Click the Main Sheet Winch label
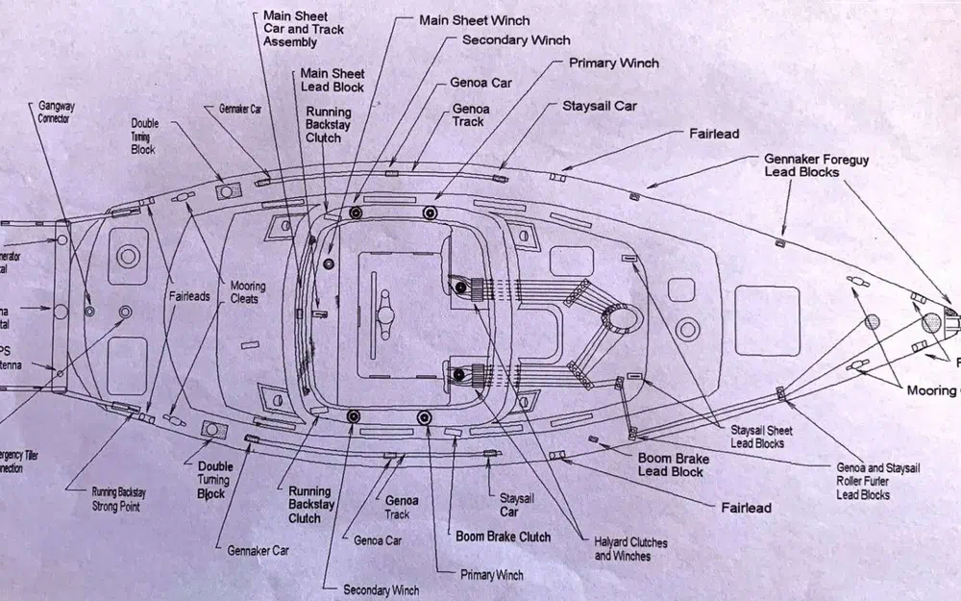pos(474,20)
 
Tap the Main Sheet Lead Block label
pos(333,80)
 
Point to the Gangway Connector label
pos(55,112)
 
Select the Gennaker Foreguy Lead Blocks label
pos(802,165)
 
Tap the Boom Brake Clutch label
pos(503,537)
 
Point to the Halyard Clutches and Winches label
pos(630,549)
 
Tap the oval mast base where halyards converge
pos(619,316)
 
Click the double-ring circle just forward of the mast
pos(686,329)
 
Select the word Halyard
pos(612,542)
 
